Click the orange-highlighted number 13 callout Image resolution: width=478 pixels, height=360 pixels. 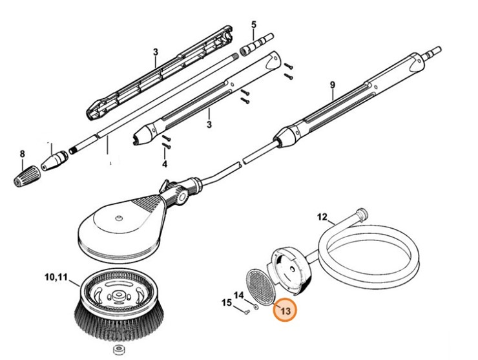(284, 311)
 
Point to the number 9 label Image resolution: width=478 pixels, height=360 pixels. (332, 85)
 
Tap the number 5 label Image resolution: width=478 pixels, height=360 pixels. (253, 25)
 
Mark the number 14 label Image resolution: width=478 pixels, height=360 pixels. (239, 295)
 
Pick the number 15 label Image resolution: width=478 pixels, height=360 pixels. (227, 302)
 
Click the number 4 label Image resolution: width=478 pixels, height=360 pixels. (164, 164)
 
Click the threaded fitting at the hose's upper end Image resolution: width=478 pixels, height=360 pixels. (362, 214)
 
